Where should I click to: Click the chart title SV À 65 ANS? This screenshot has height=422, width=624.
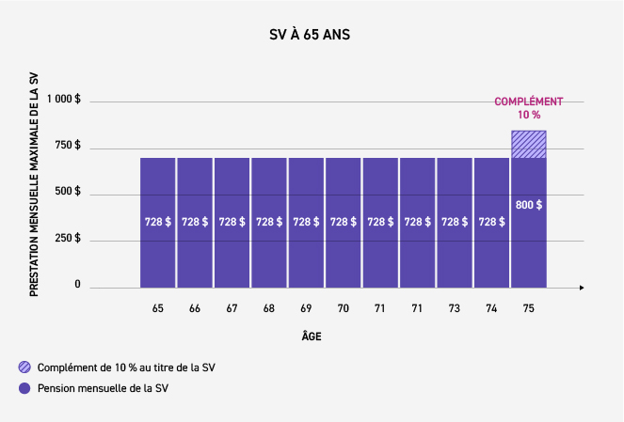(x=311, y=36)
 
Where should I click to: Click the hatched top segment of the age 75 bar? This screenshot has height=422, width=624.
(x=529, y=144)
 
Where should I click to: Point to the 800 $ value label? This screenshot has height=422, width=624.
(x=529, y=204)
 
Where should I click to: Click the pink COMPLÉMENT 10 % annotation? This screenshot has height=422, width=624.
(x=529, y=107)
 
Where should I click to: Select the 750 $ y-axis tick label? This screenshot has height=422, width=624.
(x=67, y=147)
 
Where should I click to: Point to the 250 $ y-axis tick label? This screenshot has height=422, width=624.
(x=67, y=239)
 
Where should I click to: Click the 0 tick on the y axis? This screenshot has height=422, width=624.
(x=77, y=285)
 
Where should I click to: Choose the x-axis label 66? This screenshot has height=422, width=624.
(x=194, y=308)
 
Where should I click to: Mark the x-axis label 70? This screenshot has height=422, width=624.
(x=343, y=308)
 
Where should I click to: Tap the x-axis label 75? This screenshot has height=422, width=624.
(x=528, y=308)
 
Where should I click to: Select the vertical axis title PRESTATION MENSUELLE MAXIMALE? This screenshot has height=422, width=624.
(x=34, y=183)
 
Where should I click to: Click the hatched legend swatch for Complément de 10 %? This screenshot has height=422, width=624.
(x=22, y=367)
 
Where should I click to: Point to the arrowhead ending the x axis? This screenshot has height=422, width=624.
(x=582, y=286)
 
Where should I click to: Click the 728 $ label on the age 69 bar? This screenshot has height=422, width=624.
(x=306, y=222)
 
